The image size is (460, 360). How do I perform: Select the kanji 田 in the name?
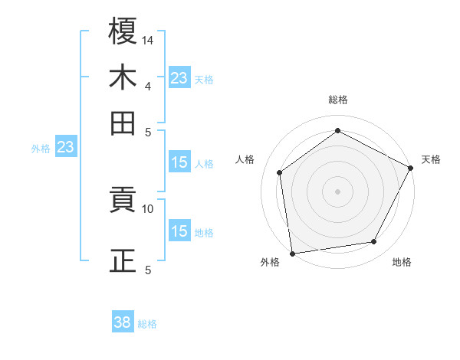123,123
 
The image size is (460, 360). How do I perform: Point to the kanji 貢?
123,201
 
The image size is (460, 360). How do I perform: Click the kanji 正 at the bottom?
123,260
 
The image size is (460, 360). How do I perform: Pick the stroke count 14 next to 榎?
148,40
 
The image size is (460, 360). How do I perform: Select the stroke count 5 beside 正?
148,270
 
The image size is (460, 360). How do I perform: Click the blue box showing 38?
123,322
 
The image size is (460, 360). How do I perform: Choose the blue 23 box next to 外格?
65,147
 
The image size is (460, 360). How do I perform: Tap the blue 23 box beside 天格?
179,77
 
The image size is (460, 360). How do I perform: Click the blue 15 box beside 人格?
179,162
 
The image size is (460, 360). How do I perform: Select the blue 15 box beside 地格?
179,231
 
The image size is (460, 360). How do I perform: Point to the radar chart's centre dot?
337,191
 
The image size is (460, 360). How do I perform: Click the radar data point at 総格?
337,130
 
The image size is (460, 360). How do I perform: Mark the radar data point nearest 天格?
411,168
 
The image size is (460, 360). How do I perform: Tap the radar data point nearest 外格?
292,253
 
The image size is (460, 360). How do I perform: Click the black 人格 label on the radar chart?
245,159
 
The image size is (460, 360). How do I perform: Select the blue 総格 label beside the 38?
147,324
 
